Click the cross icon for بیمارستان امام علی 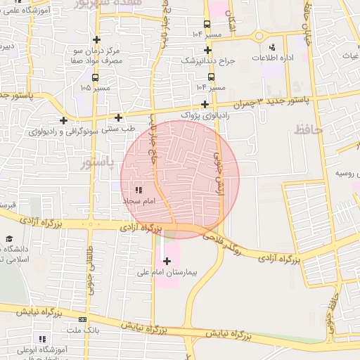(167, 262)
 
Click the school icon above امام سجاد (139, 190)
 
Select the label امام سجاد (138, 202)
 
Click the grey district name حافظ (307, 129)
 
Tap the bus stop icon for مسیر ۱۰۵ (95, 78)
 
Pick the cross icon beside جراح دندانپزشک (207, 50)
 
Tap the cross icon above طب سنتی (118, 117)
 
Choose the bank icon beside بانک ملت (82, 320)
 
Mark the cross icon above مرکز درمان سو (96, 39)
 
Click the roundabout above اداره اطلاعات (259, 36)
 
